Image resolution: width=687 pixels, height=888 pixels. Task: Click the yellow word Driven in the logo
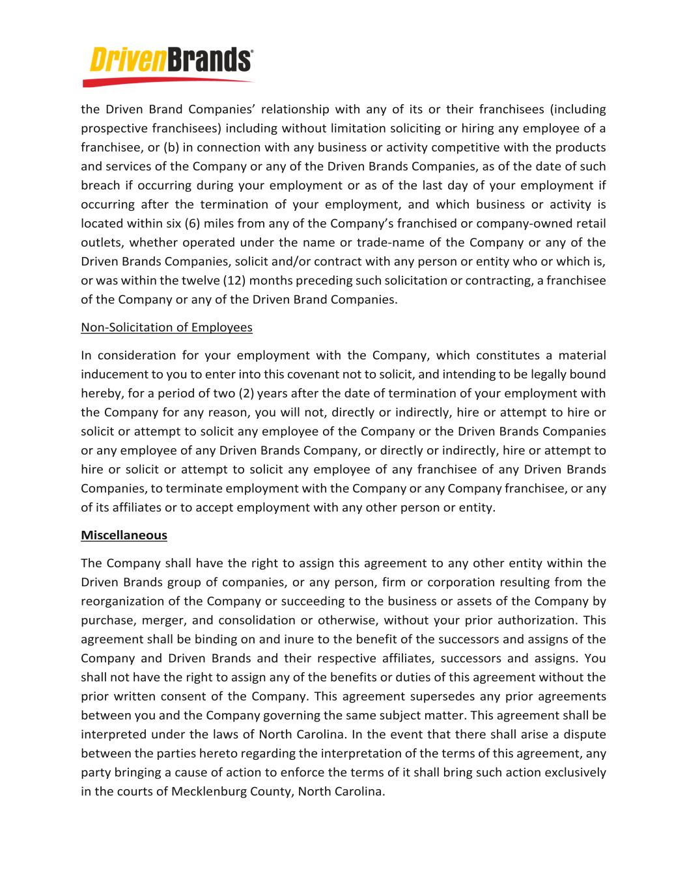coord(128,61)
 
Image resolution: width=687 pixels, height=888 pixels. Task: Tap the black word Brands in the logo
coord(208,61)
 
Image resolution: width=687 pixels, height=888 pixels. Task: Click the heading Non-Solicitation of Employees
coord(166,327)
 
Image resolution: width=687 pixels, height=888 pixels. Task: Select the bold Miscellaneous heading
coord(124,535)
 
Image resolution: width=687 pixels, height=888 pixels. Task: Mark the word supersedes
coord(440,697)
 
